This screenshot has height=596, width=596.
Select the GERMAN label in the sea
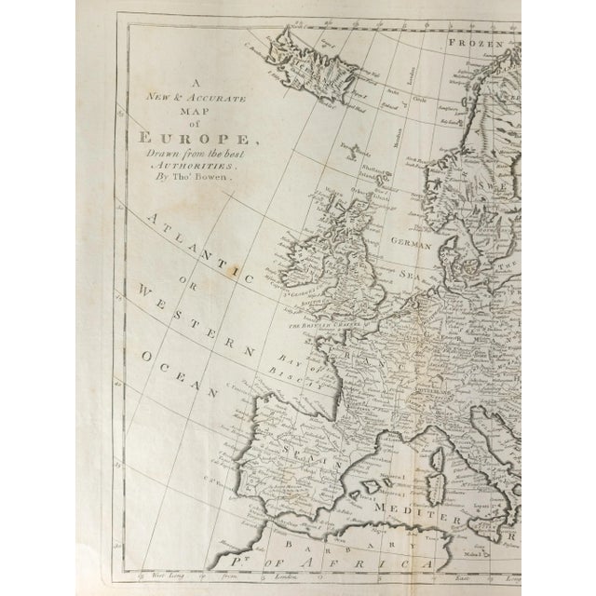point(412,246)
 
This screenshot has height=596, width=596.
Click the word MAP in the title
point(190,109)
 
